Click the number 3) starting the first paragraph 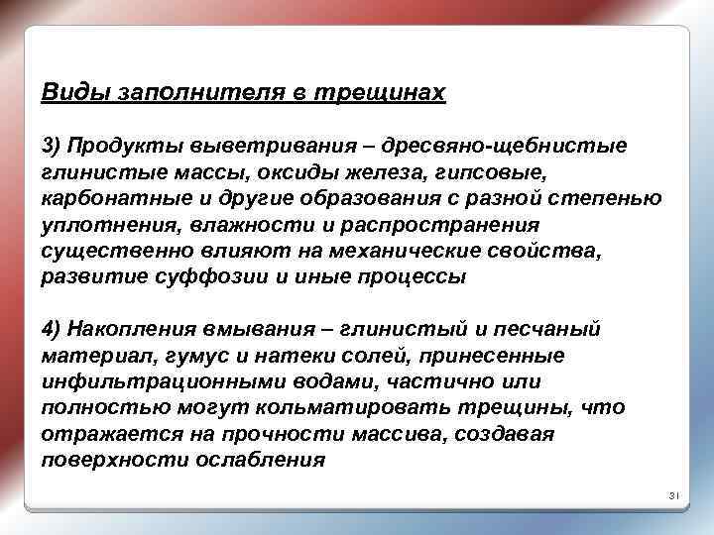(53, 147)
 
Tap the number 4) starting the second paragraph (53, 329)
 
